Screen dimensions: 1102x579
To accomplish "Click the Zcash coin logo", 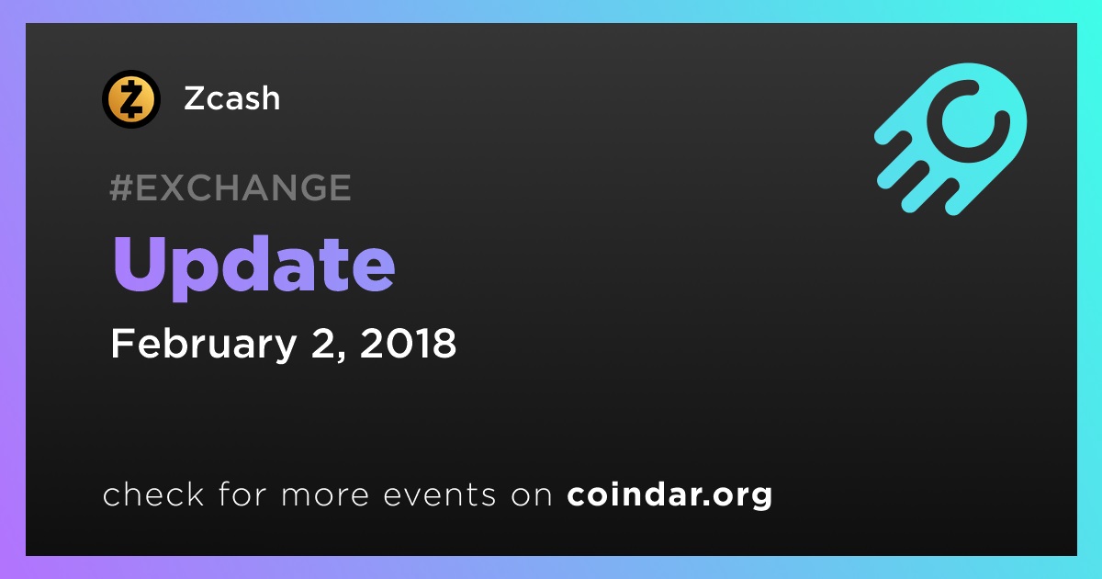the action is [x=130, y=99].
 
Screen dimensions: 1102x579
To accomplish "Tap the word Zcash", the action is [x=231, y=98].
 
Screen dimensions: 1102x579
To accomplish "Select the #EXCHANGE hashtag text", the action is [x=231, y=187].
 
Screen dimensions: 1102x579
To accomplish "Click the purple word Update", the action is [x=253, y=266].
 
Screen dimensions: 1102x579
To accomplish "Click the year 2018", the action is [x=409, y=343].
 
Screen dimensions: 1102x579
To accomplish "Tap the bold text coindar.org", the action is [x=669, y=494].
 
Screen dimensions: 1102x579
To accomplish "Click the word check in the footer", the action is [x=153, y=494].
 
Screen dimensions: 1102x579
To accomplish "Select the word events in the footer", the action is [x=439, y=494].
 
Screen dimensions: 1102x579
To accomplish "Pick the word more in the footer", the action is [x=325, y=495].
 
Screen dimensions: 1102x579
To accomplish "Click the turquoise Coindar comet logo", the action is [x=950, y=139].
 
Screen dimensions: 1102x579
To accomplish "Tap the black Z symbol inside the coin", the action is [x=130, y=99].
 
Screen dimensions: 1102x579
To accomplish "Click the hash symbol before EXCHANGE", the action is [x=121, y=187].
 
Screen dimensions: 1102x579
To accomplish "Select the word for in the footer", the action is [x=242, y=494].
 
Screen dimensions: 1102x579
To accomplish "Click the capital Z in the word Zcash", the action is [x=195, y=98].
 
